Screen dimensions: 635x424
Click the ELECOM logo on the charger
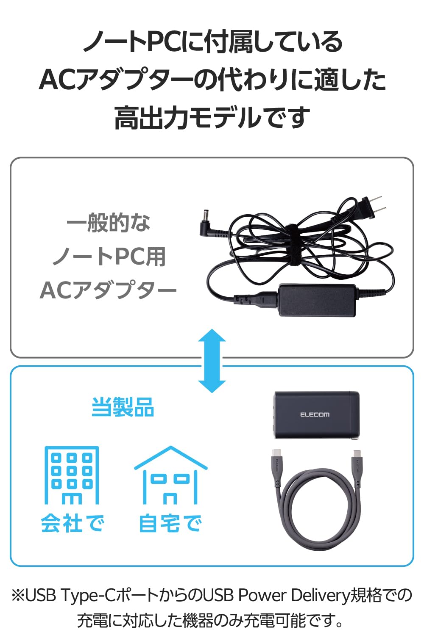pyautogui.click(x=315, y=414)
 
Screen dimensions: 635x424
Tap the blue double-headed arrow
pyautogui.click(x=212, y=361)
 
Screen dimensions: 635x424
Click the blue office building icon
pyautogui.click(x=72, y=475)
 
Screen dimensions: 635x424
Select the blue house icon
pyautogui.click(x=170, y=475)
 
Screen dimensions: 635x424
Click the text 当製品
pyautogui.click(x=123, y=407)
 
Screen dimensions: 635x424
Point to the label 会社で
pyautogui.click(x=73, y=523)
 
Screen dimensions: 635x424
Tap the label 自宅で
pyautogui.click(x=170, y=523)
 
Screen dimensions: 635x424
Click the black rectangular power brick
pyautogui.click(x=317, y=300)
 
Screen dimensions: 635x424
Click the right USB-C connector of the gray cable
pyautogui.click(x=356, y=464)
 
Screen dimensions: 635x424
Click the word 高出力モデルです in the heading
pyautogui.click(x=212, y=118)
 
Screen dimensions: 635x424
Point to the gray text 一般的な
pyautogui.click(x=109, y=223)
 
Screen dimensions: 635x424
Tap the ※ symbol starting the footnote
pyautogui.click(x=18, y=596)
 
